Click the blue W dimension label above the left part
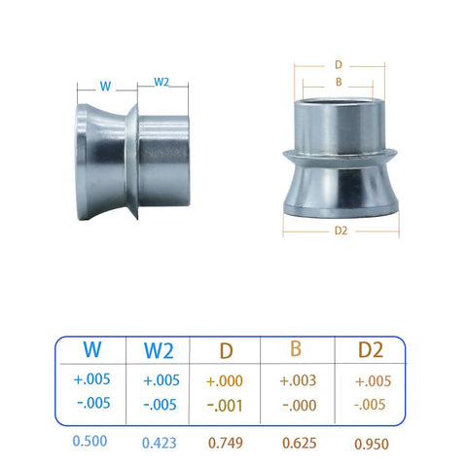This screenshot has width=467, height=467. tap(106, 87)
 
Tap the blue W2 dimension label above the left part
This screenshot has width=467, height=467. tap(162, 82)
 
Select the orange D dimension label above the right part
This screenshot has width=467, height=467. tap(339, 65)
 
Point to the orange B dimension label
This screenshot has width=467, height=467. tap(339, 82)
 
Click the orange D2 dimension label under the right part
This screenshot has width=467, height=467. tap(341, 231)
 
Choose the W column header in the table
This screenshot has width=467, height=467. tap(92, 349)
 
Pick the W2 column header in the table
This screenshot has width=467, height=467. tap(159, 350)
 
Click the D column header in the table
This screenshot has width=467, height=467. tap(226, 351)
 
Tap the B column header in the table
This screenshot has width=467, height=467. tap(296, 348)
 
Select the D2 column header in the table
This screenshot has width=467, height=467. tap(371, 349)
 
